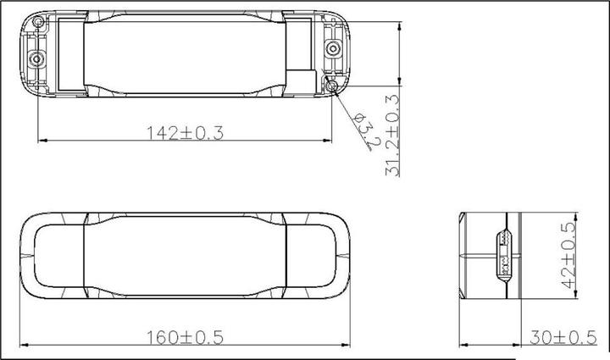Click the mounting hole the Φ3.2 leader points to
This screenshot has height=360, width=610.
click(x=332, y=85)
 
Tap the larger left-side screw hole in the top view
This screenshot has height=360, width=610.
click(x=36, y=59)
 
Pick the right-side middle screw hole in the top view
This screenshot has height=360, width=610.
click(x=333, y=48)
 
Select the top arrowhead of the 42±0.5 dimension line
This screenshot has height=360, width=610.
click(x=579, y=213)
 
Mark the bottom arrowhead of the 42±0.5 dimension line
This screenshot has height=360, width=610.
click(x=579, y=298)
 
